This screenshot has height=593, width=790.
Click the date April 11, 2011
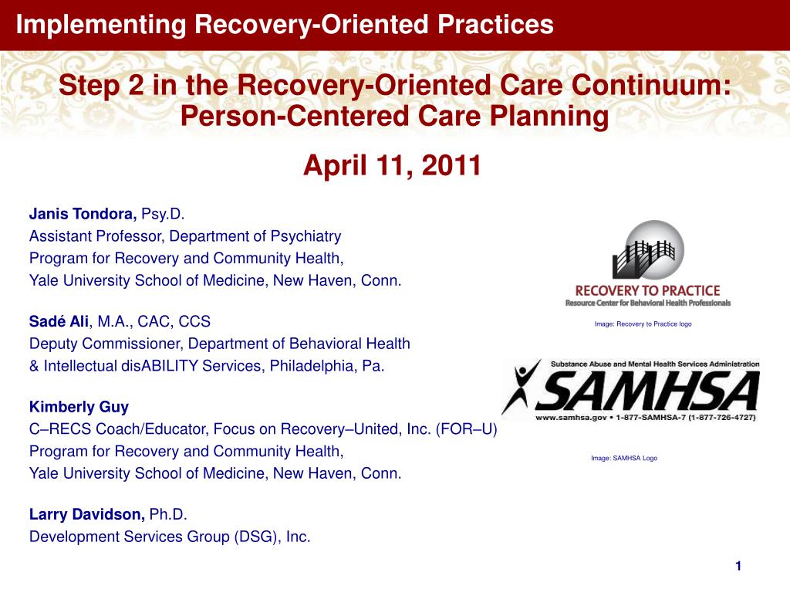(x=392, y=164)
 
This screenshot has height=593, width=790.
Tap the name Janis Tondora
(x=83, y=213)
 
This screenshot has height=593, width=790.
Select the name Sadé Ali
(x=59, y=321)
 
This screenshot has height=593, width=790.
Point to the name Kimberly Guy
(x=68, y=407)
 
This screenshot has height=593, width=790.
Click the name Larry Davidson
(x=86, y=513)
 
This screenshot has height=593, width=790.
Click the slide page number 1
(x=738, y=567)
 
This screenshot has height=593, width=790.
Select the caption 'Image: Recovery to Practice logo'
(x=643, y=324)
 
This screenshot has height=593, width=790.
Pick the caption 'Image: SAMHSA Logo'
(x=624, y=459)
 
